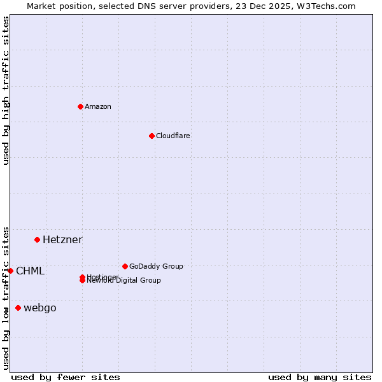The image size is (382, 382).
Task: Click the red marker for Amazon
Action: [x=80, y=106]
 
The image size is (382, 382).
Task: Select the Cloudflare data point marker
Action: [x=152, y=136]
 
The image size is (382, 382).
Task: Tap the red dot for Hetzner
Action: [x=38, y=239]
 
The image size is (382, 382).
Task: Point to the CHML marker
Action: [x=11, y=271]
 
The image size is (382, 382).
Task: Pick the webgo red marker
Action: [x=18, y=308]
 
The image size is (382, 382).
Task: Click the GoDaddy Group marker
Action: [x=125, y=266]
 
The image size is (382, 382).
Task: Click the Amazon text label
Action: [x=98, y=106]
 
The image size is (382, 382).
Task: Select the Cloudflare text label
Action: [x=173, y=136]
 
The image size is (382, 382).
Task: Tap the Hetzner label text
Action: [x=62, y=240]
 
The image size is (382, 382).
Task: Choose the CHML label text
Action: [x=30, y=271]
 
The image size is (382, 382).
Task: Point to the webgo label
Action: [x=39, y=308]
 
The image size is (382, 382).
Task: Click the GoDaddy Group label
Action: [x=156, y=266]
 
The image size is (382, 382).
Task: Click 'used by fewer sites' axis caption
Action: [x=66, y=377]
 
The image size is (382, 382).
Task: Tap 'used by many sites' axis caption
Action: [x=320, y=377]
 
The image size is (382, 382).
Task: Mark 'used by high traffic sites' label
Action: [x=6, y=90]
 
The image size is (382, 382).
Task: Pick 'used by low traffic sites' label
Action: [x=6, y=297]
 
